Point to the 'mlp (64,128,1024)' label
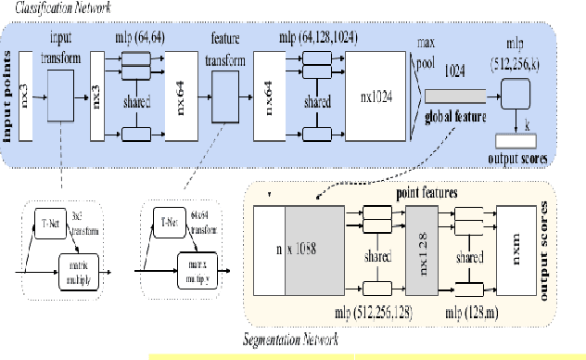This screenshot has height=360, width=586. click(x=320, y=37)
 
